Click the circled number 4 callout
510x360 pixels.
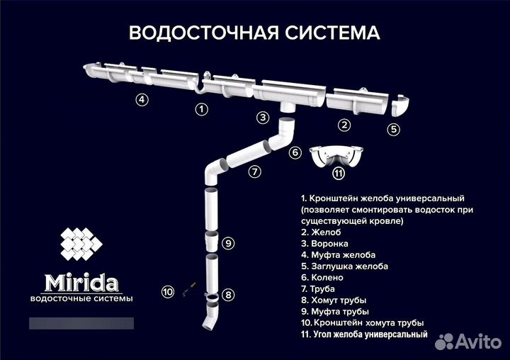click(x=142, y=100)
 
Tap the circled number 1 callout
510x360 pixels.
click(x=202, y=109)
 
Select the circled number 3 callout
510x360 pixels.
click(x=263, y=118)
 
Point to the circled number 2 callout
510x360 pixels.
click(x=344, y=125)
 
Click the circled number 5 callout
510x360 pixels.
click(x=394, y=130)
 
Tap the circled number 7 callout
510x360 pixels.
click(x=254, y=171)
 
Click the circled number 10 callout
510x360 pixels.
click(x=167, y=291)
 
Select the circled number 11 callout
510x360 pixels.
click(x=339, y=173)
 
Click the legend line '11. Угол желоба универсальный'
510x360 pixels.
click(x=364, y=334)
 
